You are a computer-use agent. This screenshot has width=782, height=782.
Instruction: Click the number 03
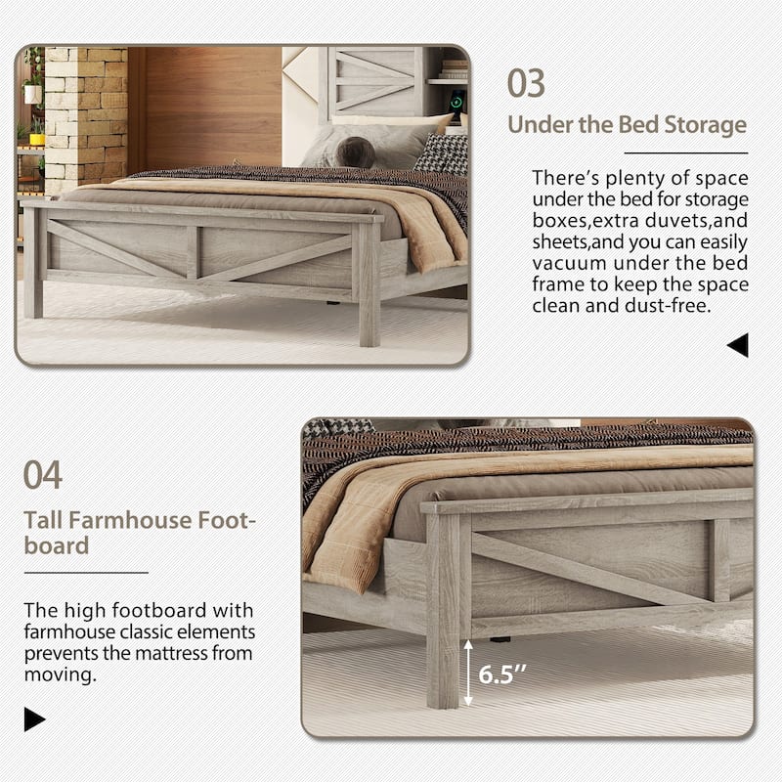tap(526, 83)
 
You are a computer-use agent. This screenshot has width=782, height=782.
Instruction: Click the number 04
tap(43, 476)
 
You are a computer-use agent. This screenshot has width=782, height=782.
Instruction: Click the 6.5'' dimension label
tap(501, 673)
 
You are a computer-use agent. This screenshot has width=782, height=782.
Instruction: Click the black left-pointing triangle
tap(738, 344)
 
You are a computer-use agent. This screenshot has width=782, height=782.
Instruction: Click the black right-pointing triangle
tap(35, 720)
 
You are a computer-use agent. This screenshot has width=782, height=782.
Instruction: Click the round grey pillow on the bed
tap(354, 151)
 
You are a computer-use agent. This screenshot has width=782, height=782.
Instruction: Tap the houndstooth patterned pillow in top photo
tap(442, 152)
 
